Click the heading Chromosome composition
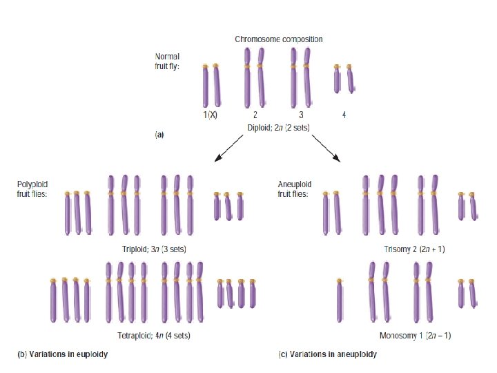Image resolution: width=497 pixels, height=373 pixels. point(278,39)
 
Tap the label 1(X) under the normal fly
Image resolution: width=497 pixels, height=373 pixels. point(210,115)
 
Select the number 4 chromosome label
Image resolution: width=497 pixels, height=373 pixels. point(344,115)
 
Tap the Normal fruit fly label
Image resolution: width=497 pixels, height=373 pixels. point(167,61)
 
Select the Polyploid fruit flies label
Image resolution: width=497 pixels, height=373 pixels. point(33,189)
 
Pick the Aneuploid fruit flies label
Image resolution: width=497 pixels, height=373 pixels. point(294,189)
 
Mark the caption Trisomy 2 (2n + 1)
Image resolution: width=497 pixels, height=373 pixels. point(414,249)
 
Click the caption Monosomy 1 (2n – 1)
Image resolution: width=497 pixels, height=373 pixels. point(416,336)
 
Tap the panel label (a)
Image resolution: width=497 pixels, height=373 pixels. point(159,135)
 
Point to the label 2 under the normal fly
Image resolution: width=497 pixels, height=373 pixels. point(255,115)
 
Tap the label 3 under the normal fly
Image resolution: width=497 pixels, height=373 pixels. point(302,115)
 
